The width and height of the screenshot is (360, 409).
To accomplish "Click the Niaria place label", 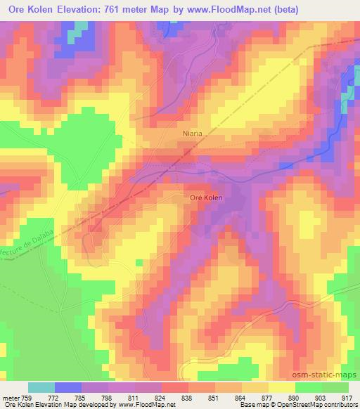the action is click(x=191, y=132).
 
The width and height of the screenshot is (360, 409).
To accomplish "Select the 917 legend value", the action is click(x=347, y=397).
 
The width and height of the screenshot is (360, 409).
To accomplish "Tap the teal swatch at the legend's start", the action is click(x=41, y=387).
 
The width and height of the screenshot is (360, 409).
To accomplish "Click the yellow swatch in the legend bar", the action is click(x=282, y=387).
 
